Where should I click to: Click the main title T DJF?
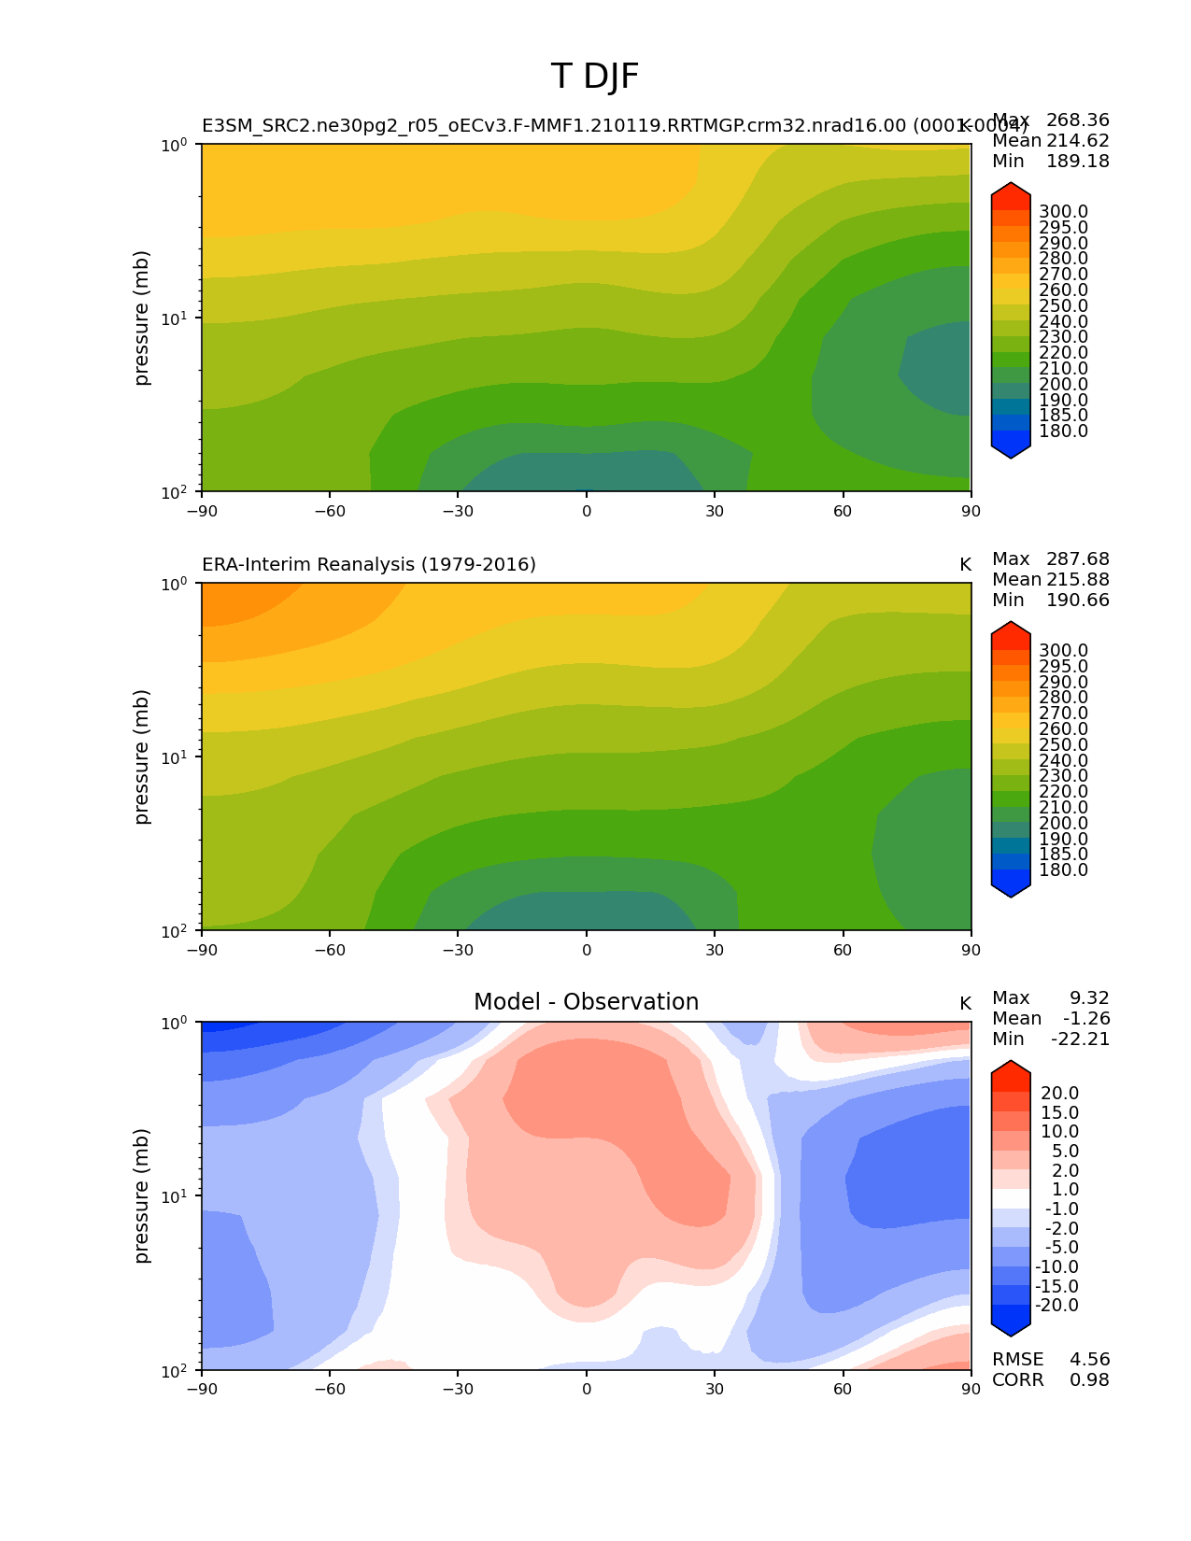point(595,77)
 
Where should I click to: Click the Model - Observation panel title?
point(586,1002)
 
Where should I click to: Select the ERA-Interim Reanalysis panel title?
point(369,564)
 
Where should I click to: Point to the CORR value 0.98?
point(1089,1379)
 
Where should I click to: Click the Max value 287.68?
point(1078,558)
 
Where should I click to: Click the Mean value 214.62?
point(1078,140)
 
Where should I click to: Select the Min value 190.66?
point(1078,600)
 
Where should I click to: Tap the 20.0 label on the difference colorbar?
point(1059,1093)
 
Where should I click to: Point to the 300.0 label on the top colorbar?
point(1063,212)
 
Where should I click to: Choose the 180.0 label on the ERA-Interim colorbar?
point(1063,869)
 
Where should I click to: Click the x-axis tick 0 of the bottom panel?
point(587,1389)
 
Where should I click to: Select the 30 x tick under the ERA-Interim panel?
point(715,950)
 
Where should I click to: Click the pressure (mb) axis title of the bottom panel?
point(142,1195)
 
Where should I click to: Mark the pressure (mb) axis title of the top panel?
point(142,318)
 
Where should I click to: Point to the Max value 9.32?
point(1089,997)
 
